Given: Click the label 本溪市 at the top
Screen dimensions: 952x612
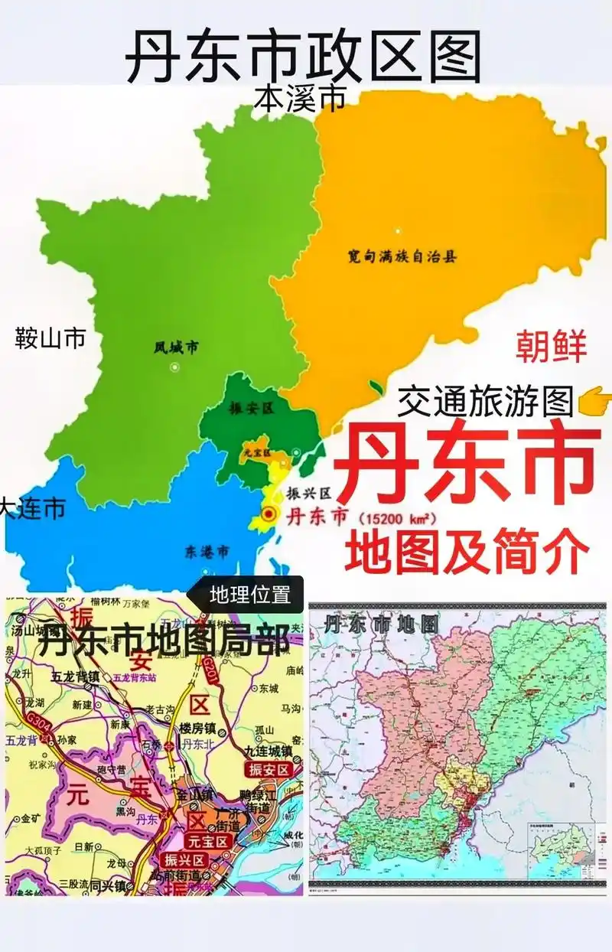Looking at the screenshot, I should [x=300, y=99].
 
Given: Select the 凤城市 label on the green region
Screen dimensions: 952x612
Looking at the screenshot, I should [x=175, y=348].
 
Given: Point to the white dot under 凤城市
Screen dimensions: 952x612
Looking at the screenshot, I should [x=175, y=367].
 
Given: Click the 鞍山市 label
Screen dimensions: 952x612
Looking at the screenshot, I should [x=50, y=337].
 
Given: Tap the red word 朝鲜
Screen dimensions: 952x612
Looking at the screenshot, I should [x=551, y=346].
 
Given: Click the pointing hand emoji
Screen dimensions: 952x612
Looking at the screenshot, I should [x=595, y=399].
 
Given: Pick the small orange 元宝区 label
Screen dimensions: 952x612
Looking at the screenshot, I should [x=252, y=452].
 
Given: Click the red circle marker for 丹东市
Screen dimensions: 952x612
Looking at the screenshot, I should [x=269, y=514].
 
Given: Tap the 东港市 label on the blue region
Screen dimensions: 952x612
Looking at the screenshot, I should [x=207, y=551].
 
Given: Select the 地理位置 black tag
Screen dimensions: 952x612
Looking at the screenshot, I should [x=250, y=595].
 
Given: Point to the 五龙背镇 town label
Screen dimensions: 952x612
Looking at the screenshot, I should [x=76, y=677].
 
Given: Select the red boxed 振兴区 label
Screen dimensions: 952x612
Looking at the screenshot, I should [x=183, y=859].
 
